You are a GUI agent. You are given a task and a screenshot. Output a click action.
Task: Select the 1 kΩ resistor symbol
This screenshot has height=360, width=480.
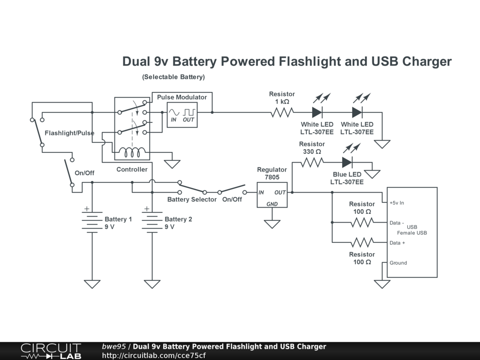pyautogui.click(x=282, y=112)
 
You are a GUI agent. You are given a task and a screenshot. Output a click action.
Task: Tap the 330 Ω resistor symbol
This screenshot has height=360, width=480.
pyautogui.click(x=312, y=162)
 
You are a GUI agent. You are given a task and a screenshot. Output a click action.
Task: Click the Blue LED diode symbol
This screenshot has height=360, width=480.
pyautogui.click(x=347, y=162)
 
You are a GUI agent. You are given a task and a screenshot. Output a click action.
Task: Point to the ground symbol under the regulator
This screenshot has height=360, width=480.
pyautogui.click(x=272, y=224)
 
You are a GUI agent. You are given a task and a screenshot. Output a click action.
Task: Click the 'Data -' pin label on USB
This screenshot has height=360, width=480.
pyautogui.click(x=397, y=223)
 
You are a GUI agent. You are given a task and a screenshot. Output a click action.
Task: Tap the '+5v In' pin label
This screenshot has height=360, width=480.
pyautogui.click(x=397, y=203)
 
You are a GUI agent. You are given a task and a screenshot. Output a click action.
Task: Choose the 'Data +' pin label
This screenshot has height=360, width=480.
pyautogui.click(x=397, y=243)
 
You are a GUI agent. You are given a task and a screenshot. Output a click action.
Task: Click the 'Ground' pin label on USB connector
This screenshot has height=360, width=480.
pyautogui.click(x=398, y=263)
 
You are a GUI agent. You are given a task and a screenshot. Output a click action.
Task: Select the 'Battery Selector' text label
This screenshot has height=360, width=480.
pyautogui.click(x=192, y=200)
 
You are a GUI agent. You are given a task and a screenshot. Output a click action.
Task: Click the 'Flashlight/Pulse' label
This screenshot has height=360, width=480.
pyautogui.click(x=69, y=133)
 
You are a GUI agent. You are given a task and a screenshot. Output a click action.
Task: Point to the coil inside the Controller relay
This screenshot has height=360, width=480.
pyautogui.click(x=132, y=153)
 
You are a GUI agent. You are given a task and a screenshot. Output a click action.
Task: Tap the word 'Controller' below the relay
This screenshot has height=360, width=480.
pyautogui.click(x=132, y=170)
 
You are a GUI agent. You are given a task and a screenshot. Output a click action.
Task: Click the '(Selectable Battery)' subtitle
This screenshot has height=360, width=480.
pyautogui.click(x=173, y=77)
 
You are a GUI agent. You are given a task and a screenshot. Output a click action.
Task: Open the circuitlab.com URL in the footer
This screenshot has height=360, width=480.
pyautogui.click(x=154, y=355)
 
